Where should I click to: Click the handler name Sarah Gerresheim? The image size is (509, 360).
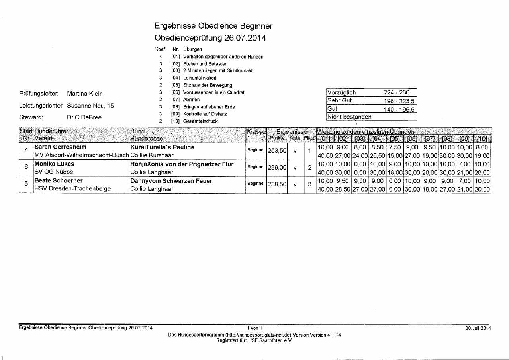pyautogui.click(x=60, y=147)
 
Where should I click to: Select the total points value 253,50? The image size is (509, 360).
pyautogui.click(x=277, y=151)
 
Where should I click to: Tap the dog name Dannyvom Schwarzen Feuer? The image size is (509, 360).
pyautogui.click(x=171, y=181)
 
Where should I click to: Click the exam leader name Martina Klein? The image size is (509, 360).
pyautogui.click(x=85, y=94)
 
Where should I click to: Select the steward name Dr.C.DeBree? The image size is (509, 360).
pyautogui.click(x=84, y=118)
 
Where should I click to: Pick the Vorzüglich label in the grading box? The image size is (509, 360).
pyautogui.click(x=341, y=92)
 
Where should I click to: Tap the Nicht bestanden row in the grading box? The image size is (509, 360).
pyautogui.click(x=349, y=117)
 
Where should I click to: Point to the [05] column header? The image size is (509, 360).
pyautogui.click(x=394, y=139)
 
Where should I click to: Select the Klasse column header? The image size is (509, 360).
pyautogui.click(x=256, y=131)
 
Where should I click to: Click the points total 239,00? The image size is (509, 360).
pyautogui.click(x=277, y=168)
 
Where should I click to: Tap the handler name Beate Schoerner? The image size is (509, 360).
pyautogui.click(x=59, y=181)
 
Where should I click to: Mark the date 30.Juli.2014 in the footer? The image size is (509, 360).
pyautogui.click(x=478, y=328)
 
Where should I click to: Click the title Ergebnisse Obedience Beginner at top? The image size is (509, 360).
pyautogui.click(x=213, y=26)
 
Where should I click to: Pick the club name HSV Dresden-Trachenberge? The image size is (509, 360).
pyautogui.click(x=72, y=189)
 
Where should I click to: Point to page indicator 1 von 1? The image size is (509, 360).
pyautogui.click(x=254, y=328)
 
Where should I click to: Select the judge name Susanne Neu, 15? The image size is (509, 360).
pyautogui.click(x=90, y=106)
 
